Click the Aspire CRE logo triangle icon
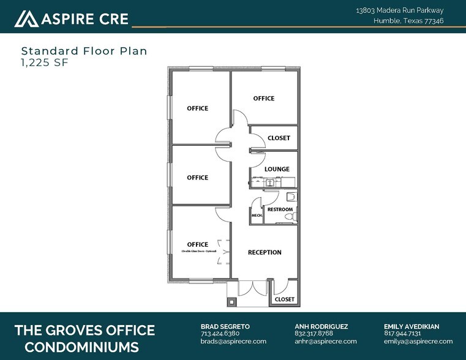click(x=26, y=19)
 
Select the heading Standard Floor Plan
click(x=84, y=51)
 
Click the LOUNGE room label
click(x=277, y=170)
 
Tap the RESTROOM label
click(x=280, y=210)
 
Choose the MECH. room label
click(x=256, y=216)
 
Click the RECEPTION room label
click(x=265, y=252)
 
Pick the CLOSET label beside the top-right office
click(x=279, y=138)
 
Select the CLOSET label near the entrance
click(x=284, y=299)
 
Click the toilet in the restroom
click(x=291, y=197)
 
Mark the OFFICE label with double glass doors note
click(x=197, y=245)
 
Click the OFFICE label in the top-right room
click(x=264, y=99)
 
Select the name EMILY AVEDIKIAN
click(x=412, y=326)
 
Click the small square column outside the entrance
click(x=231, y=301)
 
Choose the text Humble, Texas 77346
click(x=408, y=21)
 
